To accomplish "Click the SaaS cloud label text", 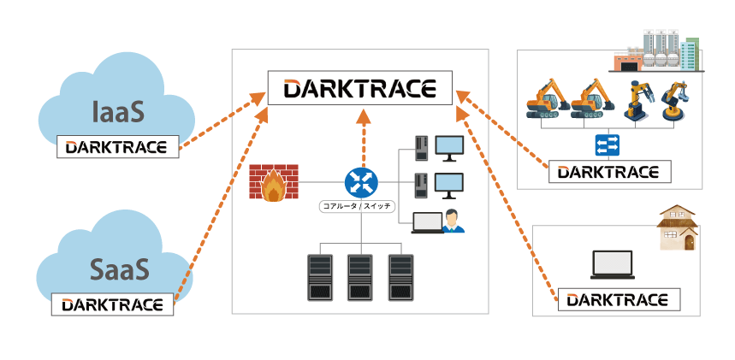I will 120,268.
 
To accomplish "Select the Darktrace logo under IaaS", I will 118,146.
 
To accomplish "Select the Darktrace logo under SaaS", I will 112,304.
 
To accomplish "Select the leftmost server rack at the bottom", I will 319,276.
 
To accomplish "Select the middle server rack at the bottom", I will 360,276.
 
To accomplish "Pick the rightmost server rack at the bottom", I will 401,276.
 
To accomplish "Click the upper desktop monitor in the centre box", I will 449,147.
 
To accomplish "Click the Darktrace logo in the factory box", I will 609,171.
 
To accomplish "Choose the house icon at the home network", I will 676,228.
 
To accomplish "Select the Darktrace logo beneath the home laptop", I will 618,299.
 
